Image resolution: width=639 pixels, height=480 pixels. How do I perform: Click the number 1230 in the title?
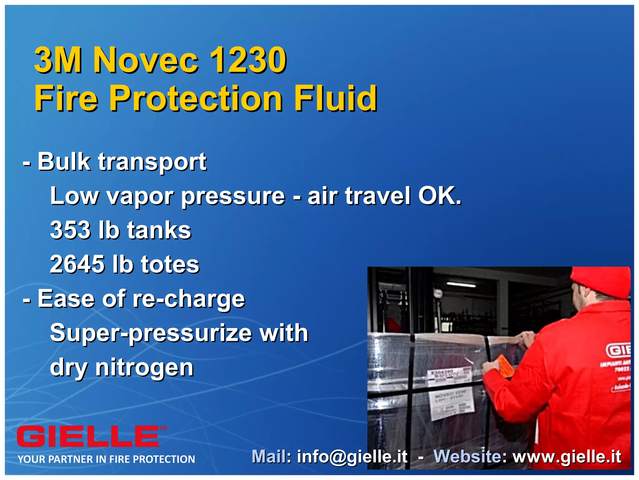click(248, 60)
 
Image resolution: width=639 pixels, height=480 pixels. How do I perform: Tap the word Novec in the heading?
click(146, 60)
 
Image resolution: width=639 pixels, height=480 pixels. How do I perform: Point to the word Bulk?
click(64, 162)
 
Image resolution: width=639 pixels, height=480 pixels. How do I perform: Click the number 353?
click(70, 230)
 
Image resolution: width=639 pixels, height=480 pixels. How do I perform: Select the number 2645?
click(77, 264)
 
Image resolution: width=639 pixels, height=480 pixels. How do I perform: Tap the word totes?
click(170, 264)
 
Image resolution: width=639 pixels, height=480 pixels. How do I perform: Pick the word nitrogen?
click(144, 367)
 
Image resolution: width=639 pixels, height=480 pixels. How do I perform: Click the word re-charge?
click(189, 299)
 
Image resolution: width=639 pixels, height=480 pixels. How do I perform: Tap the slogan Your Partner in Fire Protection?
click(106, 459)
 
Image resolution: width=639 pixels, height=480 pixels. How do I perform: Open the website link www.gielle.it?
click(567, 457)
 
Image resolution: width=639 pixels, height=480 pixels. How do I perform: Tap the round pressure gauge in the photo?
click(437, 293)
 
